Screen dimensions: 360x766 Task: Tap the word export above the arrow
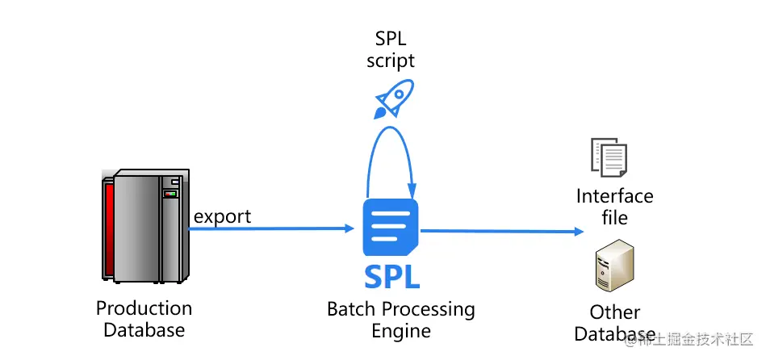(222, 216)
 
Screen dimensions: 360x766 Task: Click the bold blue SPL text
(391, 276)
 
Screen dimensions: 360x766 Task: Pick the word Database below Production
(144, 329)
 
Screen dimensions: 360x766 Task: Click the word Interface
(615, 197)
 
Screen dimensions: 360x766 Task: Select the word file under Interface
(615, 217)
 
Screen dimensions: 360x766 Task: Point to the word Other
(615, 312)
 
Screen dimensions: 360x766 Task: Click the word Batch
(350, 309)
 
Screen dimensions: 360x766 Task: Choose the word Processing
(428, 310)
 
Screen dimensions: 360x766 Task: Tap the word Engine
(400, 330)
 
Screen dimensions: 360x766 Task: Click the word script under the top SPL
(391, 61)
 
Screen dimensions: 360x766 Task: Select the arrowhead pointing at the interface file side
(578, 232)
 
